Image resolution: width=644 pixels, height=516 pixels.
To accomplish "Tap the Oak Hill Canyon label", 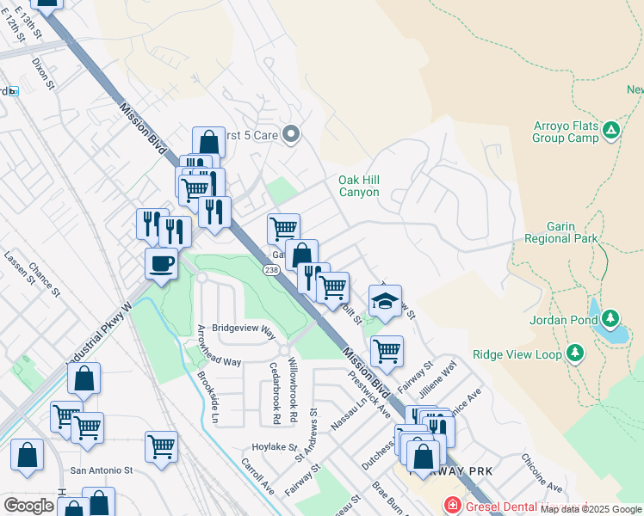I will (359, 186).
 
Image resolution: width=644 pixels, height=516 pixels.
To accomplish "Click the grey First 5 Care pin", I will (291, 133).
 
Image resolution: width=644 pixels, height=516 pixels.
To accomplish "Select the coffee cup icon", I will (161, 262).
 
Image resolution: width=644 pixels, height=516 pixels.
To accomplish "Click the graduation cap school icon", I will (385, 301).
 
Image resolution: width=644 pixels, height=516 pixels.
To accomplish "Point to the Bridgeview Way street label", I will (244, 329).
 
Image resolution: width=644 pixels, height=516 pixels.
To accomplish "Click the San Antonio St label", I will (102, 470).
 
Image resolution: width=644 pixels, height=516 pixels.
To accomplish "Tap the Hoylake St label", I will (274, 448).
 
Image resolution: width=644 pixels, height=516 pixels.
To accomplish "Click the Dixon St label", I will (43, 75).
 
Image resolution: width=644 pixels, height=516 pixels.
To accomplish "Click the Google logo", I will (28, 506).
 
